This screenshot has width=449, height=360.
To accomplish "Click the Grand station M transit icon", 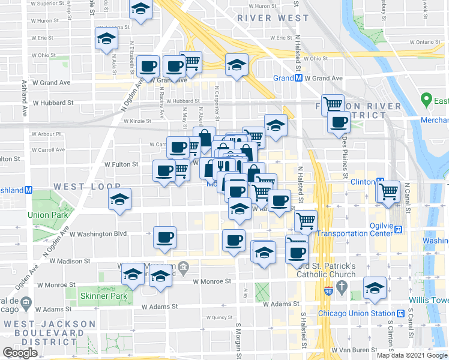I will click(x=298, y=78).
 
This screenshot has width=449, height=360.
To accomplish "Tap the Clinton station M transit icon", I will click(x=380, y=181).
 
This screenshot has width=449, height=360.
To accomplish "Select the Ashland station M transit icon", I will click(x=28, y=190).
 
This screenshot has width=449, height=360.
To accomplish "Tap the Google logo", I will click(x=20, y=353).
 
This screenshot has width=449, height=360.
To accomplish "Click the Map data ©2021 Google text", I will click(x=412, y=355).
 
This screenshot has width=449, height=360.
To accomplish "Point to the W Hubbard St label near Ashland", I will click(x=53, y=103).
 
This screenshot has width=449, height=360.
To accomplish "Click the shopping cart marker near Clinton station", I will click(x=390, y=191).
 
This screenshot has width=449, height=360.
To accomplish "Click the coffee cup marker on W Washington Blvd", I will click(x=164, y=237).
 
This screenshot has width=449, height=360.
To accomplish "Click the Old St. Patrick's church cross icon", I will click(x=342, y=287).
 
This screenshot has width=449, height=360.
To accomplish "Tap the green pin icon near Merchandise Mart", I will click(x=427, y=98).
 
